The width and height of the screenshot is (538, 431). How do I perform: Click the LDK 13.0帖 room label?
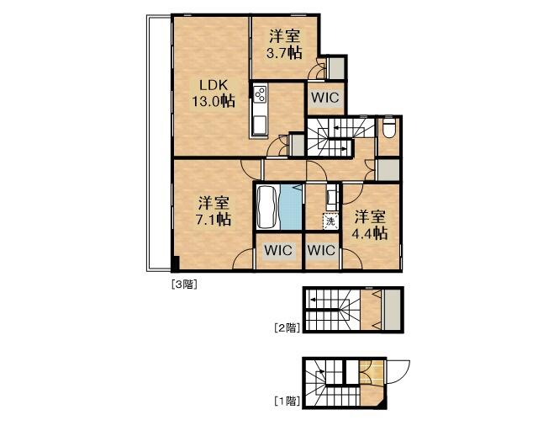pos(214,93)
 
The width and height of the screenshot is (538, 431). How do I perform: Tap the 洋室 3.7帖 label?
pos(284,45)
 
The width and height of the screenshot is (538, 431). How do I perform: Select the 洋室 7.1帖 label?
pos(214,211)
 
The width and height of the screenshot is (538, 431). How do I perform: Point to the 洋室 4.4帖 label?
pos(370,225)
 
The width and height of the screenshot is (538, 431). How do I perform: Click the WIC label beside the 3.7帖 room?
pos(325,98)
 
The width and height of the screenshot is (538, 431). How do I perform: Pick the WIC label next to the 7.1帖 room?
pos(278,250)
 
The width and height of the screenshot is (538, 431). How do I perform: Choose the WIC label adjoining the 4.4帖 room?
pos(321,250)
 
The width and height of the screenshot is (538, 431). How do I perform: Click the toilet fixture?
pos(389,128)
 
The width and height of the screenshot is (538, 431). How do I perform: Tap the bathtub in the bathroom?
pos(267,207)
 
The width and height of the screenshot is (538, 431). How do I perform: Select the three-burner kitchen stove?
pos(260,93)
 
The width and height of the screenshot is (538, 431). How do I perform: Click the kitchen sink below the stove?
pos(260,125)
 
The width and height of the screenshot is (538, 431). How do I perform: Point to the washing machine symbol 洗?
pos(330,221)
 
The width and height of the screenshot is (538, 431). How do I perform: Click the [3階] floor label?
pos(184,285)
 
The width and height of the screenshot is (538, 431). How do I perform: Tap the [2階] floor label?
pos(287,327)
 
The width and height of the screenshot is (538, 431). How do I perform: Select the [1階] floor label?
pos(287,401)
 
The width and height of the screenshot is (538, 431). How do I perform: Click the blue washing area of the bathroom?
pos(291,207)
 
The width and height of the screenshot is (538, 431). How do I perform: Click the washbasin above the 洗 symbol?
pos(331,199)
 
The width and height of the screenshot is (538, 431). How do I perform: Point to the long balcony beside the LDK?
pos(159,143)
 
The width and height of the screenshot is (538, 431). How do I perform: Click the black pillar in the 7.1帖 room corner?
pos(175,263)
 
